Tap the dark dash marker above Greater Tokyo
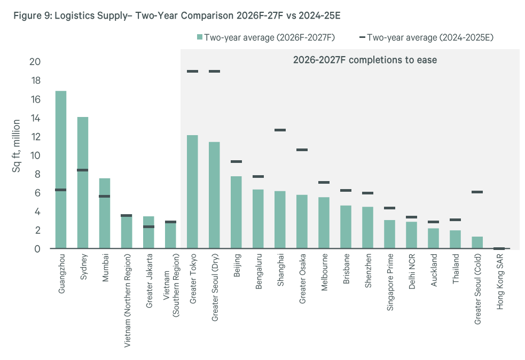pyautogui.click(x=192, y=71)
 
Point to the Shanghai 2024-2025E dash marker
pyautogui.click(x=280, y=130)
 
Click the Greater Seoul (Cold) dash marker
pyautogui.click(x=477, y=192)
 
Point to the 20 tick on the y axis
pyautogui.click(x=35, y=62)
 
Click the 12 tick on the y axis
pyautogui.click(x=35, y=137)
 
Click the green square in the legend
pyautogui.click(x=200, y=37)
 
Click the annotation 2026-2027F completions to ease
pyautogui.click(x=365, y=60)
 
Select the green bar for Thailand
pyautogui.click(x=455, y=239)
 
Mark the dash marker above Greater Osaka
pyautogui.click(x=302, y=150)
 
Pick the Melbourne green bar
pyautogui.click(x=324, y=223)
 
